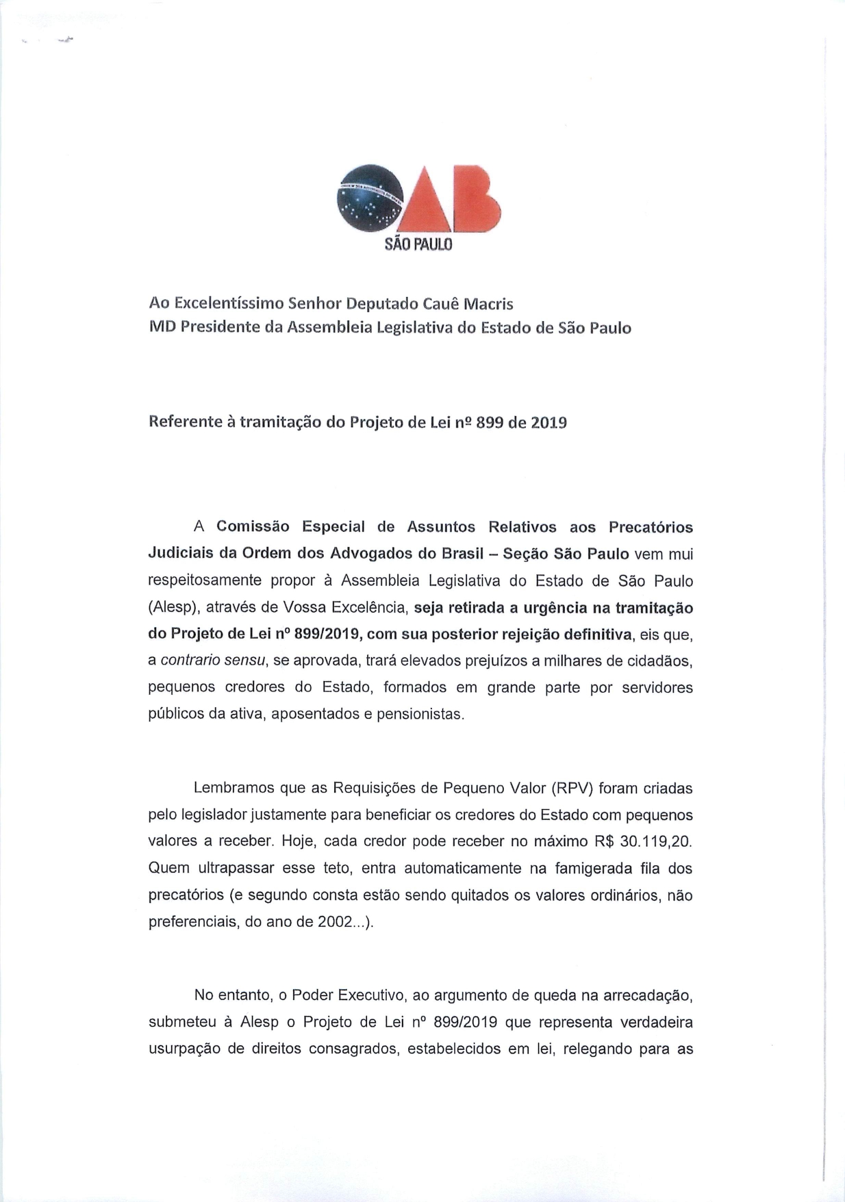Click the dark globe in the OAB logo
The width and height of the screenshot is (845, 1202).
(x=370, y=199)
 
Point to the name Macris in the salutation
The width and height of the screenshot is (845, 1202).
(x=488, y=303)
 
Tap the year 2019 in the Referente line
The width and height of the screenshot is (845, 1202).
(x=548, y=422)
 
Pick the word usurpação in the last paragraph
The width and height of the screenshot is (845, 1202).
(x=183, y=1049)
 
